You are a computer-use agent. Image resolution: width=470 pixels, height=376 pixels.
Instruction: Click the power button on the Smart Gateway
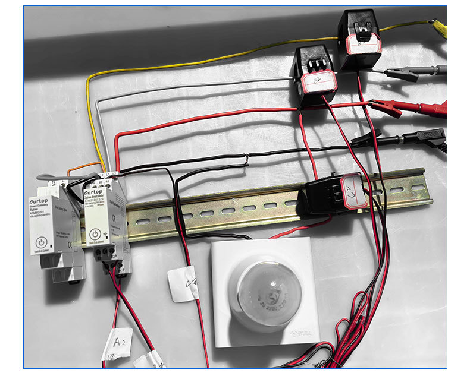pos(40,242)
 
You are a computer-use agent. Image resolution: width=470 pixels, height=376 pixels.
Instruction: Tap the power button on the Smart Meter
pos(94,234)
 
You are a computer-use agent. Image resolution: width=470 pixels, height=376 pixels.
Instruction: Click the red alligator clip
pos(386,107)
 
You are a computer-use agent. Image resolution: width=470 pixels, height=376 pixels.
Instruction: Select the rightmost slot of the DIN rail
pos(417,188)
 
